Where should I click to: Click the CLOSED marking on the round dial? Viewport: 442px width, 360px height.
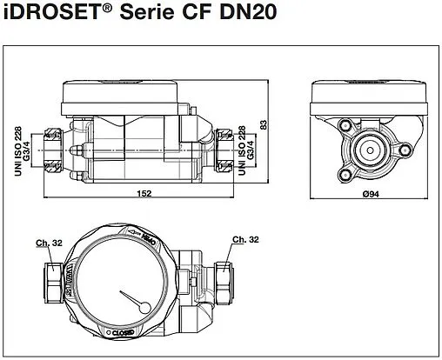122,331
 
